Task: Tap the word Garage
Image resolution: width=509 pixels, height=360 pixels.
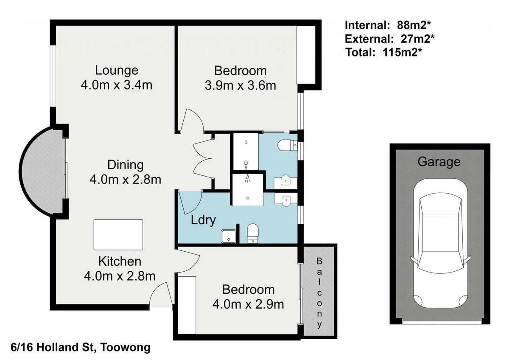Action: pyautogui.click(x=439, y=162)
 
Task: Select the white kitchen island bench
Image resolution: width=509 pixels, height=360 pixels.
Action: pyautogui.click(x=118, y=235)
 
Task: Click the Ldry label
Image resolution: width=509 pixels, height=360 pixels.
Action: pyautogui.click(x=203, y=220)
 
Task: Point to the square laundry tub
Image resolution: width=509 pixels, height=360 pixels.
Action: pyautogui.click(x=228, y=236)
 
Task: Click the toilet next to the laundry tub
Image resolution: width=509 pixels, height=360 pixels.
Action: pyautogui.click(x=253, y=233)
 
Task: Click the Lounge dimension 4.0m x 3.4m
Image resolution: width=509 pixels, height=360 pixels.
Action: pyautogui.click(x=116, y=85)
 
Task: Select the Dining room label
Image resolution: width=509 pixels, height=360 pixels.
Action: pyautogui.click(x=125, y=164)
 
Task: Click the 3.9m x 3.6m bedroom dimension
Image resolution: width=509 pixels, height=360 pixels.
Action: pyautogui.click(x=240, y=85)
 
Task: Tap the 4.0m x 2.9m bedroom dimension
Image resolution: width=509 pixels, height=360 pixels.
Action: pyautogui.click(x=248, y=304)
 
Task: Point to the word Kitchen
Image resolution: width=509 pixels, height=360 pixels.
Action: pyautogui.click(x=120, y=261)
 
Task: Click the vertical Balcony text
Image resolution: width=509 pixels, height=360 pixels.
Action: pyautogui.click(x=319, y=292)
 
